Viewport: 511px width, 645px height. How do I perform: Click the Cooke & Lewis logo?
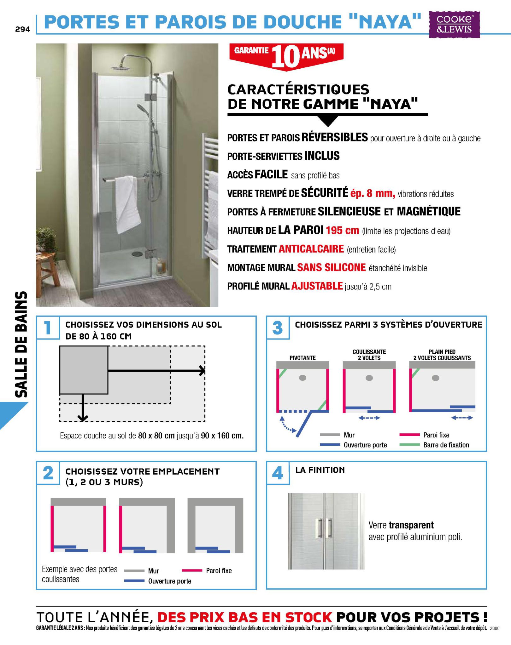[454, 25]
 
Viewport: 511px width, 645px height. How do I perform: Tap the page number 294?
[22, 29]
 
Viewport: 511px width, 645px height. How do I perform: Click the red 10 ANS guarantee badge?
[286, 55]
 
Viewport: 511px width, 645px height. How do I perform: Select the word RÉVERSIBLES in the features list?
[334, 137]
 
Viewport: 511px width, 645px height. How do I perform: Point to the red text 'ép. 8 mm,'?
[373, 193]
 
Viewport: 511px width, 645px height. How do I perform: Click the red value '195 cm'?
[342, 230]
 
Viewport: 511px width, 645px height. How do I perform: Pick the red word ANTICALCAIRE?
[311, 249]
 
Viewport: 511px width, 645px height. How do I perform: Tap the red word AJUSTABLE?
[317, 286]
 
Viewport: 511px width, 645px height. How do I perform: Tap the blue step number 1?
[48, 328]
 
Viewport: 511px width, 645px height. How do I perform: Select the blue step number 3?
[277, 328]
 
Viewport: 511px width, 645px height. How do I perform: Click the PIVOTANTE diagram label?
[302, 358]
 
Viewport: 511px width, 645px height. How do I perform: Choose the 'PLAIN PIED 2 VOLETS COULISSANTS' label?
[442, 355]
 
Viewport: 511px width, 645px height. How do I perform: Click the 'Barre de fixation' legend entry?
[446, 445]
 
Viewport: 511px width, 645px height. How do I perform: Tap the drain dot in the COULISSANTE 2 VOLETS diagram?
[369, 378]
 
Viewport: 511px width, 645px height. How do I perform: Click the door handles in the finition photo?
[324, 528]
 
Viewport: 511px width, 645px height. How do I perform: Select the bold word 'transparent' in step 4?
[411, 525]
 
